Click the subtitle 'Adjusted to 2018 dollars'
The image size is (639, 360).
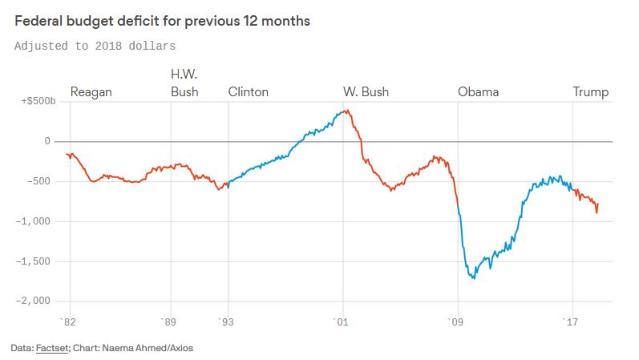pos(95,46)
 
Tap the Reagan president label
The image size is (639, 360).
pos(91,92)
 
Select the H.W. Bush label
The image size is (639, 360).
pos(184,83)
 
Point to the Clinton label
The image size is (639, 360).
pos(249,92)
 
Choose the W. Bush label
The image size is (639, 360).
pos(366,92)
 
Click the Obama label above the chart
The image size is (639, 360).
pos(478,92)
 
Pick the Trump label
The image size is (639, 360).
pos(591,92)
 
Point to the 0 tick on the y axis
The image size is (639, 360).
pos(47,142)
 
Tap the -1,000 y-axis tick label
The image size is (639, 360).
pos(34,221)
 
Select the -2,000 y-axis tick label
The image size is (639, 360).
pos(34,301)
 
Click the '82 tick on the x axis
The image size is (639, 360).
pos(69,323)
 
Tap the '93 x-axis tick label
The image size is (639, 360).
pos(228,323)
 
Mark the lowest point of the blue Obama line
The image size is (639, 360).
pos(474,278)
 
